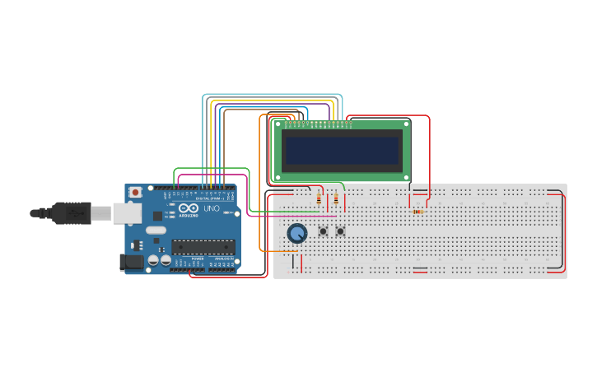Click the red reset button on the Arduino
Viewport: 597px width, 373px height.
(135, 192)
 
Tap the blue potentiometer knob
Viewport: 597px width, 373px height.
(296, 234)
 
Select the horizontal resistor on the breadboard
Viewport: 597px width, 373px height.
(417, 212)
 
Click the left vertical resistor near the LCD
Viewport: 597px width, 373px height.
(319, 199)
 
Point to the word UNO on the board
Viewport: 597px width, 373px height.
(211, 210)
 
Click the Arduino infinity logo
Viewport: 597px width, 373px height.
(189, 208)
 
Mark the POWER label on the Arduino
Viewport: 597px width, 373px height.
(198, 259)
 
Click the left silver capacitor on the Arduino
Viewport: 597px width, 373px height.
(153, 261)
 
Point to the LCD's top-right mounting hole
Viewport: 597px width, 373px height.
(406, 124)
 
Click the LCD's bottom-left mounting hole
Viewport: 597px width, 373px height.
(278, 177)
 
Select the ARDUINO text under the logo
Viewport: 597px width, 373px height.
(189, 217)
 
